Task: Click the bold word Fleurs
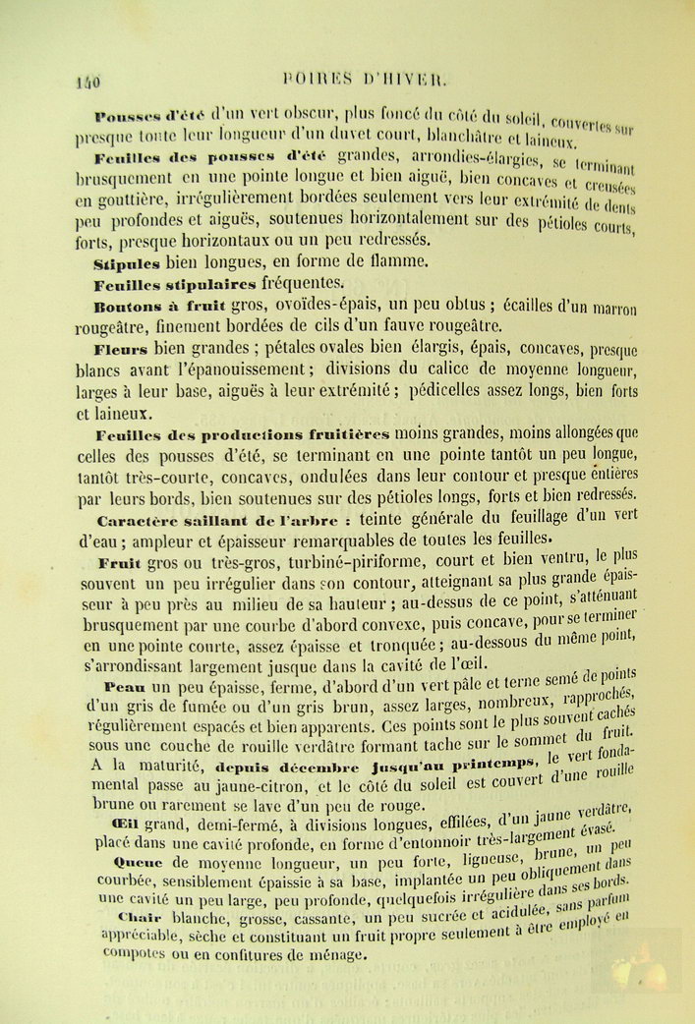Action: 121,349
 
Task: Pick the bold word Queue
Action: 122,862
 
